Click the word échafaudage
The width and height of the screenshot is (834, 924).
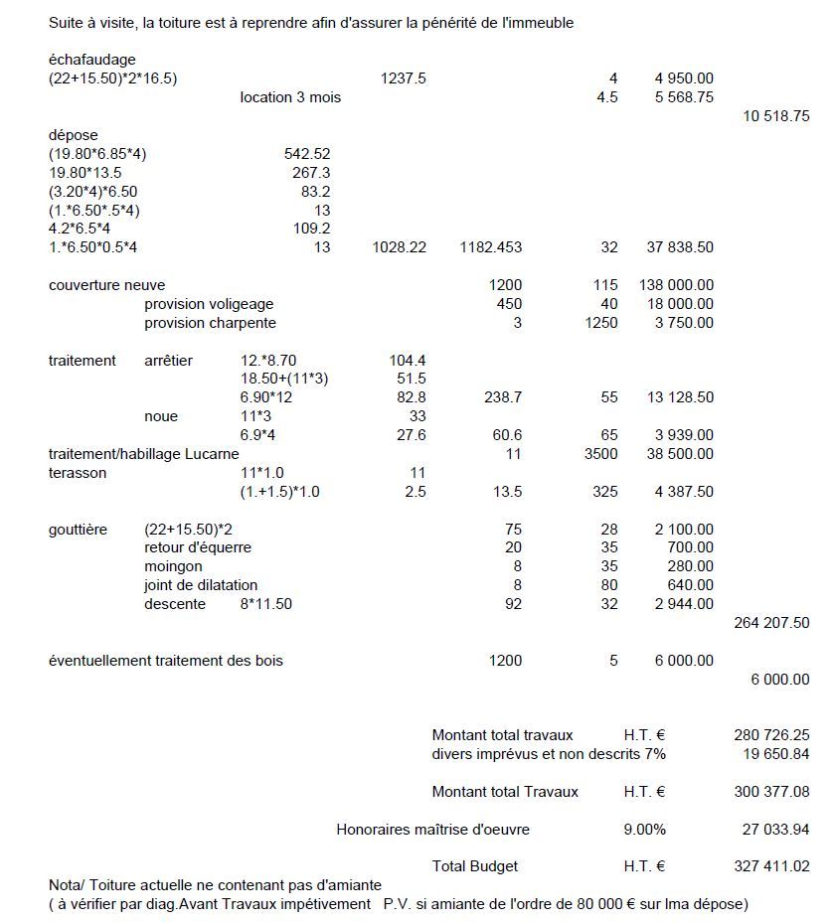point(92,60)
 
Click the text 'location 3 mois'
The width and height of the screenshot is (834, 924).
point(290,97)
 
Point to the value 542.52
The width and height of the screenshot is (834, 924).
point(307,154)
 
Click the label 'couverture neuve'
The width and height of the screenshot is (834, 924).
point(107,285)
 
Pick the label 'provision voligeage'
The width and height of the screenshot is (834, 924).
point(209,304)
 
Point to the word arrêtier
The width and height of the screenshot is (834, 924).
point(169,360)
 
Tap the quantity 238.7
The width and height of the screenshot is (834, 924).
point(503,397)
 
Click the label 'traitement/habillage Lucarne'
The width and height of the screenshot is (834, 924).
point(144,454)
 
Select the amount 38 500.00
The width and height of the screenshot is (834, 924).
point(684,454)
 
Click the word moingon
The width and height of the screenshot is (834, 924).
point(173,566)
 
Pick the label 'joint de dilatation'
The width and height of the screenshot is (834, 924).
point(201,585)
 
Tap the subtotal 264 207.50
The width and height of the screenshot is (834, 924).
point(771,623)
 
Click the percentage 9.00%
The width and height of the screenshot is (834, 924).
point(644,830)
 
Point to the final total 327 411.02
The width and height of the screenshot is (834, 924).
point(771,866)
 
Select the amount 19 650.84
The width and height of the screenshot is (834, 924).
point(775,754)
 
